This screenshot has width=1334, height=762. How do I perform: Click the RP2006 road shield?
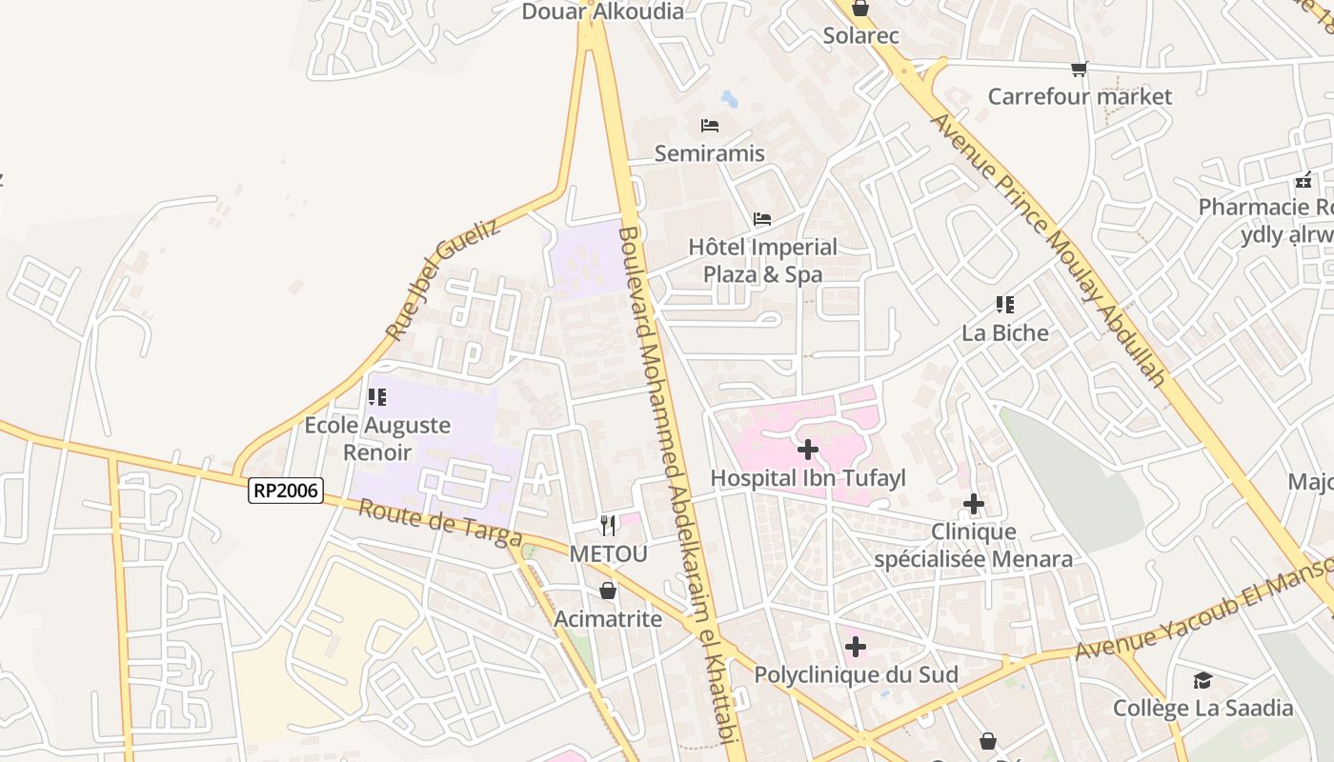[286, 491]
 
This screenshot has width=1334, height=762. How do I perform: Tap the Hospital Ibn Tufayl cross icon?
[807, 449]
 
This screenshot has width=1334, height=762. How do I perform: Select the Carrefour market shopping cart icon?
[1079, 69]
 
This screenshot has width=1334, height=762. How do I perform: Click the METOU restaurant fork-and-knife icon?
[608, 525]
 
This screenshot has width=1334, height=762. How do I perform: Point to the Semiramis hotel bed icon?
[709, 125]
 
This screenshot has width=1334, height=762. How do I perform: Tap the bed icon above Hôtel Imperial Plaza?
[761, 219]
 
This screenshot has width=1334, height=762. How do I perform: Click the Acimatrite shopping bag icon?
[608, 591]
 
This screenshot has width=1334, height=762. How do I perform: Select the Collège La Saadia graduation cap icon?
[1203, 680]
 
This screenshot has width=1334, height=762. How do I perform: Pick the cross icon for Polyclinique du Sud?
[856, 647]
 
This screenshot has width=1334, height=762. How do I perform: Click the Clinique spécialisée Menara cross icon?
[973, 504]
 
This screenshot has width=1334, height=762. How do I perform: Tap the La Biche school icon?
[1004, 305]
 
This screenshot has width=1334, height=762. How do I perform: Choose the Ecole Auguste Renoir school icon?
[377, 397]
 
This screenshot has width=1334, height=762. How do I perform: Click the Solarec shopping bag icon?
[860, 9]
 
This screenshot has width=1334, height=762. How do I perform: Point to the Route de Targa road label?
[439, 523]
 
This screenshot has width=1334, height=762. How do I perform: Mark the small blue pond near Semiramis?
[729, 98]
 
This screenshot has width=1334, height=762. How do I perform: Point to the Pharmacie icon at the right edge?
[1304, 179]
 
